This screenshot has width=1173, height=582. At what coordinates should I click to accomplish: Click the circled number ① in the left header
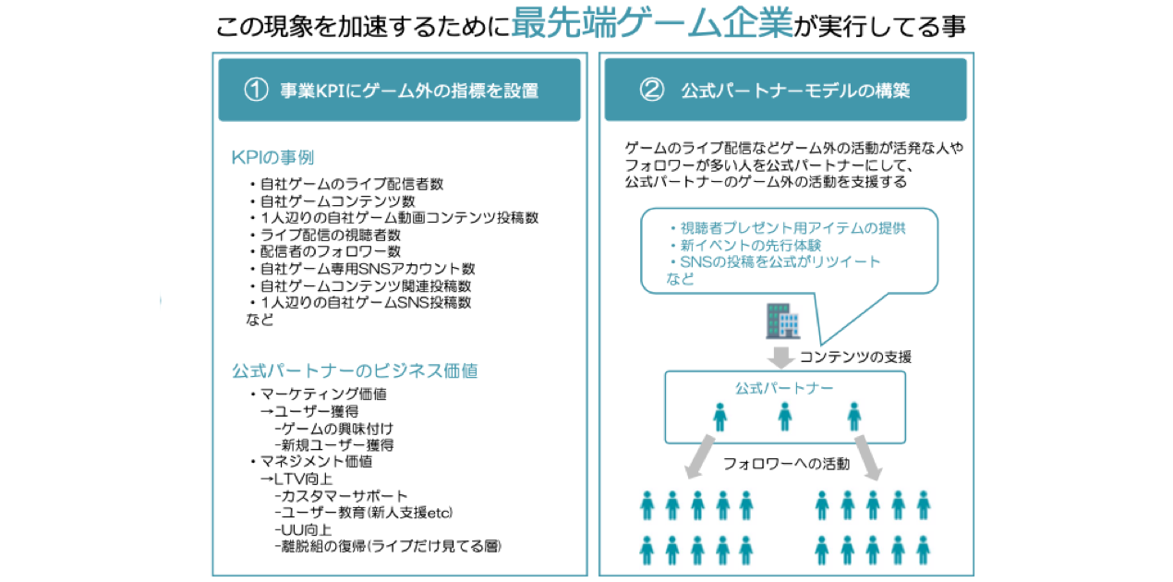click(x=256, y=91)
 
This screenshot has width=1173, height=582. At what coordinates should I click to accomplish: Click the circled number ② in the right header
click(x=652, y=90)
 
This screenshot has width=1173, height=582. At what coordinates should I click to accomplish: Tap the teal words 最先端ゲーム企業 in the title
click(x=652, y=23)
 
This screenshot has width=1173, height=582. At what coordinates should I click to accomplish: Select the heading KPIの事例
click(x=272, y=157)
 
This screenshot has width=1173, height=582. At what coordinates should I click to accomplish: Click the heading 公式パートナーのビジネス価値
click(x=355, y=370)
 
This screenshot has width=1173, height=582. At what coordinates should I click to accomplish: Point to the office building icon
click(x=782, y=321)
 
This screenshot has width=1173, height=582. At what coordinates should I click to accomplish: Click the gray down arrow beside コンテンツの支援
click(x=780, y=358)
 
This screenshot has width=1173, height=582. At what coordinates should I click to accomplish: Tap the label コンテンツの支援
click(x=855, y=358)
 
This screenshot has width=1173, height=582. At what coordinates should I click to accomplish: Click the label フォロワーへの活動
click(x=786, y=464)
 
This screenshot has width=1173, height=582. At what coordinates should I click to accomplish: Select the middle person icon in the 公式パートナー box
click(x=784, y=417)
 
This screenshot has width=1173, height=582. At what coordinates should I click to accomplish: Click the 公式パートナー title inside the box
click(x=784, y=388)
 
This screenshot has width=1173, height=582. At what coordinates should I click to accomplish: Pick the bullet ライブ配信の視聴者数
click(x=325, y=235)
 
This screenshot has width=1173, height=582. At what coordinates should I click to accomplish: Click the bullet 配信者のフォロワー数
click(x=325, y=251)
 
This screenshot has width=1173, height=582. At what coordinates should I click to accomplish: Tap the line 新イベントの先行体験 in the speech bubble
click(x=745, y=245)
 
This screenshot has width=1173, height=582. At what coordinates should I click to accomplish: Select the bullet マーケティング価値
click(x=319, y=394)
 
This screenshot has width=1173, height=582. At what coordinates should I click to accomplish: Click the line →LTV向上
click(x=296, y=479)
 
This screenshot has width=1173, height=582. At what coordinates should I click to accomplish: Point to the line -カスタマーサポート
click(x=341, y=495)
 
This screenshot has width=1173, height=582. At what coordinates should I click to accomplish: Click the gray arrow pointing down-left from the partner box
click(x=700, y=456)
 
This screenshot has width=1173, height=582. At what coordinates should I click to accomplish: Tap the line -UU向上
click(x=303, y=529)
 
